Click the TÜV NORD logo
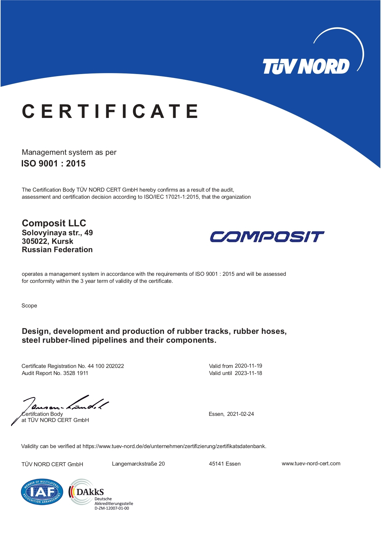pos(306,66)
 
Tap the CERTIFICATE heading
pos(110,111)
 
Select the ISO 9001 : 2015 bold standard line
pos(53,164)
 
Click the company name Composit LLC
pos(54,223)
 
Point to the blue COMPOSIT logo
pos(267,237)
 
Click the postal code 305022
pos(34,241)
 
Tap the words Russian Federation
pos(57,250)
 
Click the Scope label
pos(29,306)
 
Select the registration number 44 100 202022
pos(106,366)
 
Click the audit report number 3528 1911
pos(76,373)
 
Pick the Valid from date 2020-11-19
pos(248,366)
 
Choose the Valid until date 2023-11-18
pos(248,373)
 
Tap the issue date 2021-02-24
pos(240,414)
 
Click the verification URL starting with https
pos(174,446)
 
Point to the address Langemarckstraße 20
pos(138,464)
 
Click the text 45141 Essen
pos(225,464)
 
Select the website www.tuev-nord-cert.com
pos(311,463)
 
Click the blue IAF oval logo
pos(42,492)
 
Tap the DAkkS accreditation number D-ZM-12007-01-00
pos(112,508)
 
